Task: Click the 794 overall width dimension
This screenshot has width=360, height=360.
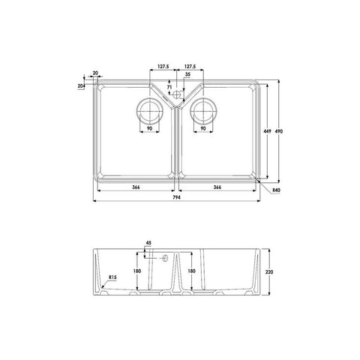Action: [x=176, y=197]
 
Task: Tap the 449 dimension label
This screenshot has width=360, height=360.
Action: [x=268, y=131]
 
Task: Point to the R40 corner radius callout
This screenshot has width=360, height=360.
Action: [x=276, y=190]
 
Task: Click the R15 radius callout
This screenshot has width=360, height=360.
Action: [x=112, y=277]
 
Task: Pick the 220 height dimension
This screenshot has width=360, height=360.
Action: [x=269, y=271]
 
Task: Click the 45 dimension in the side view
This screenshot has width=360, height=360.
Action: [x=148, y=243]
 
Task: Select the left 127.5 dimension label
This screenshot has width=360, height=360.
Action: [x=163, y=67]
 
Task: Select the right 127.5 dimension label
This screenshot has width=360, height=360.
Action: [x=190, y=67]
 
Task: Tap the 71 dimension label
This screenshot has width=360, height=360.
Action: [x=169, y=87]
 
